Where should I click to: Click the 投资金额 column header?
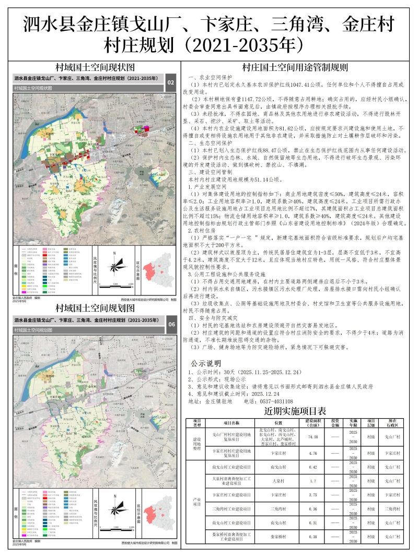click(335, 422)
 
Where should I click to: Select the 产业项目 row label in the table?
click(198, 501)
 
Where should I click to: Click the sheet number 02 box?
click(170, 82)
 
